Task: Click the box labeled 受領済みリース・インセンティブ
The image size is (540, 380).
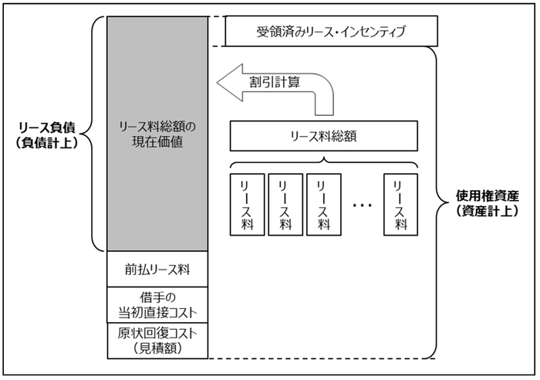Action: (x=331, y=31)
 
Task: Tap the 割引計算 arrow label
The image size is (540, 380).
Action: (x=275, y=82)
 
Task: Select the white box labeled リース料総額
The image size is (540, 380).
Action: (x=324, y=136)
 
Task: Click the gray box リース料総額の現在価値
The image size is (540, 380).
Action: (x=157, y=134)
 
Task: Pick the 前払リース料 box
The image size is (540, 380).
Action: (x=157, y=270)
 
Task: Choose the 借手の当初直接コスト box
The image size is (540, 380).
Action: (x=157, y=305)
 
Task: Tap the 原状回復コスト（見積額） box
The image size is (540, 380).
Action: (x=157, y=341)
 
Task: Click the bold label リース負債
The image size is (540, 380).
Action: (x=47, y=127)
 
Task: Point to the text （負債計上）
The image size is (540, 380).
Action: (x=47, y=142)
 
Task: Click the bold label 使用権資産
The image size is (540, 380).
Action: (x=488, y=196)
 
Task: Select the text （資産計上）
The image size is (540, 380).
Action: (x=488, y=211)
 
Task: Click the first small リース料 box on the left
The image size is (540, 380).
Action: (x=248, y=205)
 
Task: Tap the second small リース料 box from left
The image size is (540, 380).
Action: (x=285, y=205)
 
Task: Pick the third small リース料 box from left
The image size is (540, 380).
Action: (x=324, y=205)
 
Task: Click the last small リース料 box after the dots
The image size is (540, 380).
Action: (x=400, y=205)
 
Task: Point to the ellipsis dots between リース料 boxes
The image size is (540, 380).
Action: (x=363, y=205)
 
